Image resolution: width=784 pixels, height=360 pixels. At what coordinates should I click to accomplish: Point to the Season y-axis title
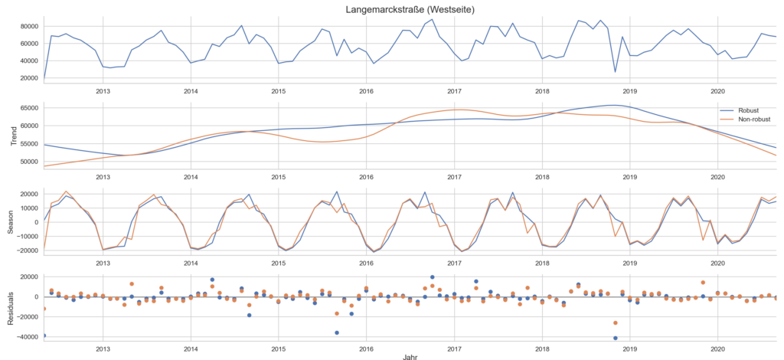[9, 221]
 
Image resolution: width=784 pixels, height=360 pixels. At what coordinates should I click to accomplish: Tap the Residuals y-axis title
[9, 303]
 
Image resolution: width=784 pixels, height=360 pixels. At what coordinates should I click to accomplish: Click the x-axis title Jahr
[411, 355]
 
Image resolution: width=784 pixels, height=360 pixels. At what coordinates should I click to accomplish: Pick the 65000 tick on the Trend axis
[28, 107]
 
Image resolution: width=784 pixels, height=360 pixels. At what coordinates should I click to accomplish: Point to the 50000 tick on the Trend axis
[28, 162]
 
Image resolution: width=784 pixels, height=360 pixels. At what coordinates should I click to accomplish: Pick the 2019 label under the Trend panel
[630, 176]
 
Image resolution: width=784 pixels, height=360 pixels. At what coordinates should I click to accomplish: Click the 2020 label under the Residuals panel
[718, 349]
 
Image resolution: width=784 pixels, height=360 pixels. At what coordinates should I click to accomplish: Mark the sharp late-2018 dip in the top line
[615, 72]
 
